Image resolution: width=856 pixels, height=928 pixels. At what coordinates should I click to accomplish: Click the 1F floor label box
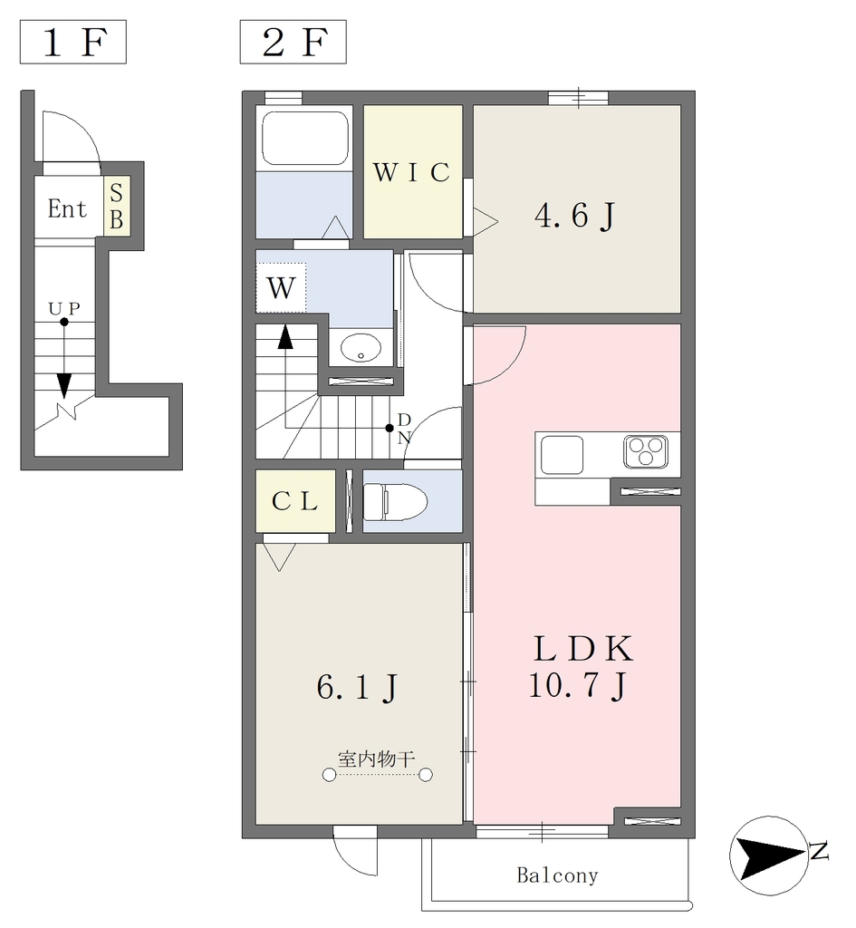pyautogui.click(x=72, y=42)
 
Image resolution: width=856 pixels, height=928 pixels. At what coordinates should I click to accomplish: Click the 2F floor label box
pyautogui.click(x=293, y=42)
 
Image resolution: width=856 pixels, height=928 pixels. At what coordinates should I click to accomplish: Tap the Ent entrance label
pyautogui.click(x=67, y=209)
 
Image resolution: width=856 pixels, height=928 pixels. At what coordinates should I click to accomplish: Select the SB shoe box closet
pyautogui.click(x=117, y=206)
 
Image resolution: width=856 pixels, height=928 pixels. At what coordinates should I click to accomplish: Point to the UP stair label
pyautogui.click(x=64, y=308)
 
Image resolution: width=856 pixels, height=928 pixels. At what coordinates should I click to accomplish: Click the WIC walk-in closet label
pyautogui.click(x=412, y=172)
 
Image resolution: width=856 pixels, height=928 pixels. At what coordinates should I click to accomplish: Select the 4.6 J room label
pyautogui.click(x=574, y=215)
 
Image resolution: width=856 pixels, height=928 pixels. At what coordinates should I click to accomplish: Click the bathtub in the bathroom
pyautogui.click(x=304, y=139)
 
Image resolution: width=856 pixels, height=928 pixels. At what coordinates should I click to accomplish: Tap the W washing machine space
pyautogui.click(x=281, y=287)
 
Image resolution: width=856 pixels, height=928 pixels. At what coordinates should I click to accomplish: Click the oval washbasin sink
pyautogui.click(x=361, y=348)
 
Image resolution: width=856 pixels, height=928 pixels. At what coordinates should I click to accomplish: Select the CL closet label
pyautogui.click(x=295, y=502)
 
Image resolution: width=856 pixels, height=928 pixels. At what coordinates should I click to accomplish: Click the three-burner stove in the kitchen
pyautogui.click(x=646, y=451)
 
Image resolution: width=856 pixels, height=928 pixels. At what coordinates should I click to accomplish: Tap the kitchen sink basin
pyautogui.click(x=562, y=455)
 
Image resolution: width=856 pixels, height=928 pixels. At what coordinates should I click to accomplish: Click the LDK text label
pyautogui.click(x=582, y=649)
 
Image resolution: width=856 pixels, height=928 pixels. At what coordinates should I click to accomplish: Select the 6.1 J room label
pyautogui.click(x=357, y=688)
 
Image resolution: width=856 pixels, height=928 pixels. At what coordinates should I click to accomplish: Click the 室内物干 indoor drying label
pyautogui.click(x=377, y=759)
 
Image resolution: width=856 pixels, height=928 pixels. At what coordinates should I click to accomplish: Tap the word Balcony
pyautogui.click(x=558, y=875)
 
